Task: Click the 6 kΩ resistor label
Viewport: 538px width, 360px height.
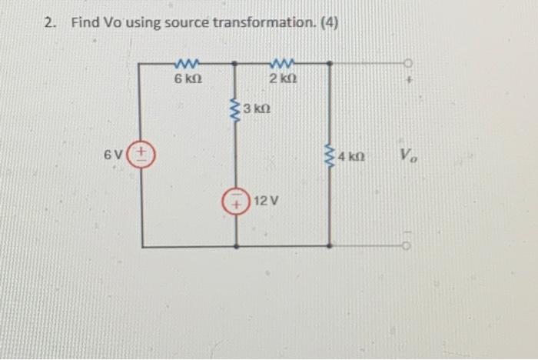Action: (x=188, y=78)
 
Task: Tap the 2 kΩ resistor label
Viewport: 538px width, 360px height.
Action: (x=284, y=78)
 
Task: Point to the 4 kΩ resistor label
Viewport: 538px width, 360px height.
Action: (x=351, y=158)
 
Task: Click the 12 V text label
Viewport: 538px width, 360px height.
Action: (x=266, y=201)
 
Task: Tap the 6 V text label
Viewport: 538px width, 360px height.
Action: (x=114, y=154)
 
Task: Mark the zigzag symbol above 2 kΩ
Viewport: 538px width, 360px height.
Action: (x=283, y=62)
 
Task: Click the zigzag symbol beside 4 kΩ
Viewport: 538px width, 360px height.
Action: (x=330, y=156)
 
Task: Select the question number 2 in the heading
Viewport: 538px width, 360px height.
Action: (x=49, y=22)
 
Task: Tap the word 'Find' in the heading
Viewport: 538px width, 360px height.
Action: (x=85, y=22)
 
